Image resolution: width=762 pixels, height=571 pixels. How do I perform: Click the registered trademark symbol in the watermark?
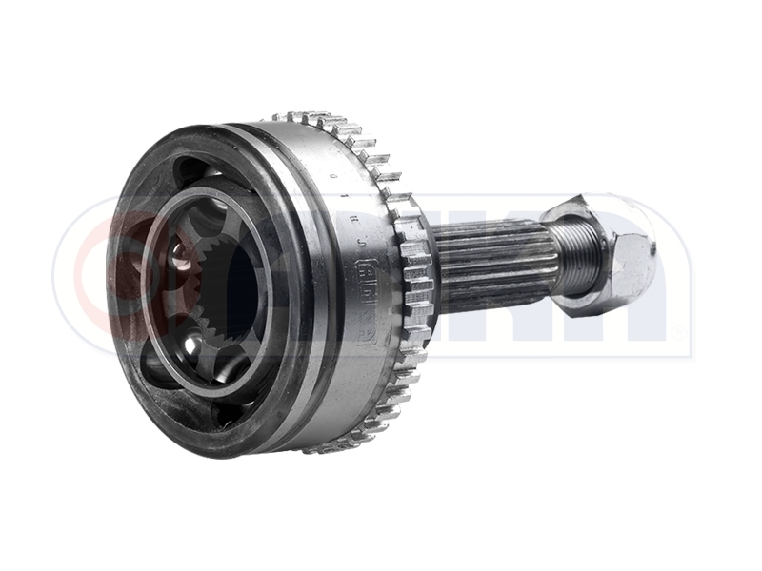click(678, 332)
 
